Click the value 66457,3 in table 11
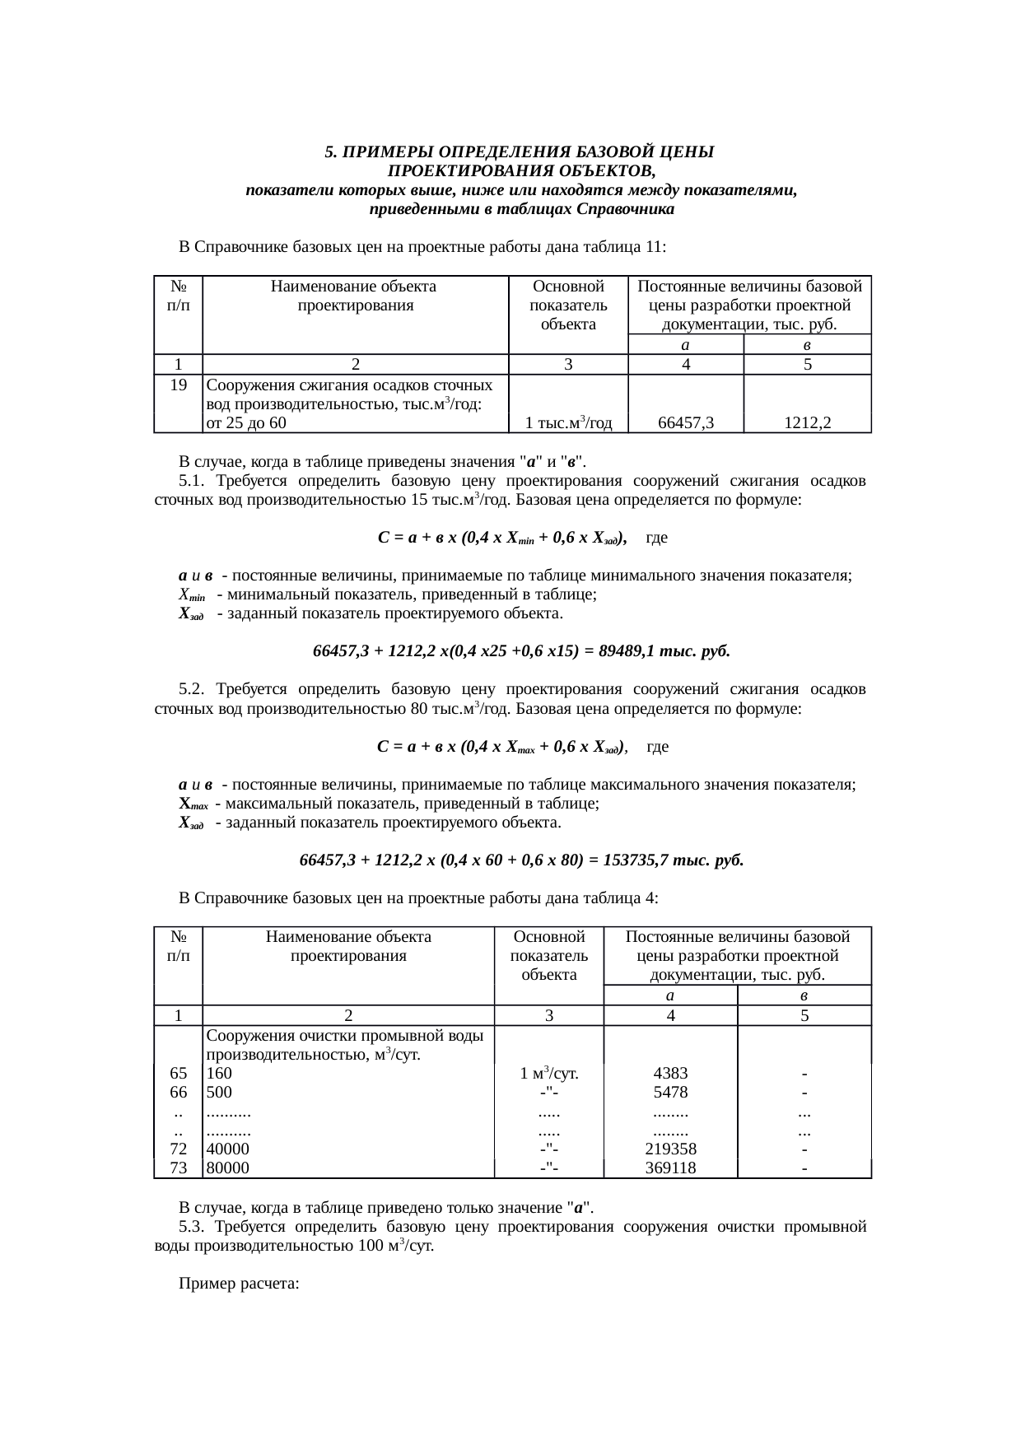click(x=686, y=423)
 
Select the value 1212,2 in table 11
click(x=807, y=423)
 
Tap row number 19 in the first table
click(x=178, y=385)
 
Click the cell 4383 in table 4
click(x=670, y=1074)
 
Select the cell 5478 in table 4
click(x=670, y=1093)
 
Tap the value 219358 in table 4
click(x=670, y=1149)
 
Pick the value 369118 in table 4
click(x=670, y=1168)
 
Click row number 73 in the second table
click(x=178, y=1168)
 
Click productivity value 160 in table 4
click(x=219, y=1074)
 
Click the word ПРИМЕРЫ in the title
click(x=388, y=152)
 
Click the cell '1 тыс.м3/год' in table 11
click(x=568, y=423)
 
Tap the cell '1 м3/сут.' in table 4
click(x=548, y=1074)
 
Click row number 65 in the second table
click(x=178, y=1074)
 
